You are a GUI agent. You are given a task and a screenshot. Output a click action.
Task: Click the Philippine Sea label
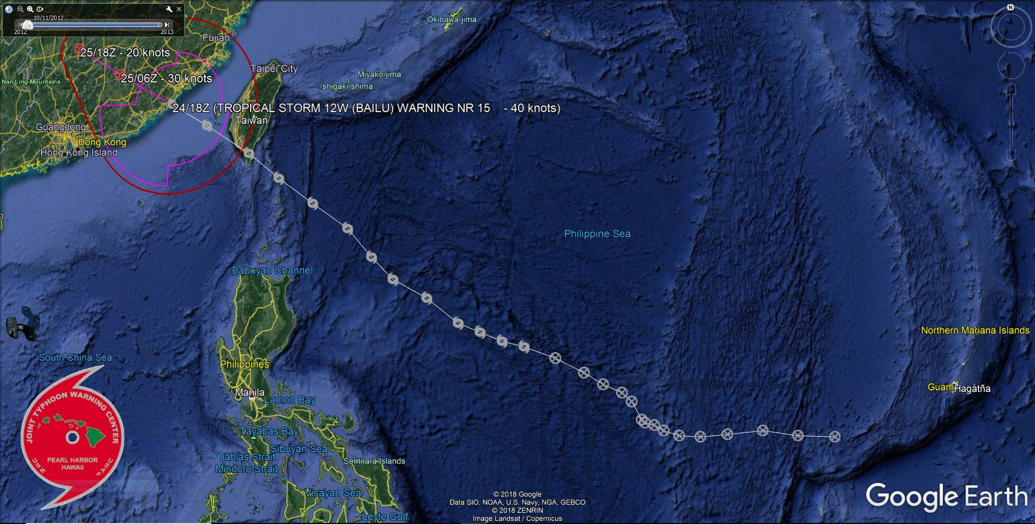[x=597, y=234]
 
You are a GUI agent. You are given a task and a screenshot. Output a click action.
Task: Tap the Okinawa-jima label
[x=451, y=19]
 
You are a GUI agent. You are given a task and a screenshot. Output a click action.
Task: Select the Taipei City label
[x=274, y=68]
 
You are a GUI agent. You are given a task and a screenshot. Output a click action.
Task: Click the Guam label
[x=940, y=387]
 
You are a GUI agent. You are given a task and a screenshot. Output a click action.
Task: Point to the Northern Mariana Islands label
[x=975, y=330]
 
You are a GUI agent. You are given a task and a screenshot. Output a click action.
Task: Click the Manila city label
[x=250, y=392]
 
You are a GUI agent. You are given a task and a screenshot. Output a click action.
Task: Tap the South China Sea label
[x=75, y=357]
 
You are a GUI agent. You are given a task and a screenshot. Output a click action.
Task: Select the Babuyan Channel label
[x=272, y=270]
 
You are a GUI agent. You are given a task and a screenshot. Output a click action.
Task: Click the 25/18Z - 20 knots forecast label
[x=125, y=53]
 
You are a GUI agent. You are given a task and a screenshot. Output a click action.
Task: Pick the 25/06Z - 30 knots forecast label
[x=166, y=79]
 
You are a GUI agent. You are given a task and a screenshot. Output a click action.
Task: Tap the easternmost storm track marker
[x=834, y=437]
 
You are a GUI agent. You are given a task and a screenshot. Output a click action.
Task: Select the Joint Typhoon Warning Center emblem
[x=73, y=437]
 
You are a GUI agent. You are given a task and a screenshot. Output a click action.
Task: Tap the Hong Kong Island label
[x=79, y=152]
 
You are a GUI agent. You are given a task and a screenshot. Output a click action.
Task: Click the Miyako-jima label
[x=379, y=74]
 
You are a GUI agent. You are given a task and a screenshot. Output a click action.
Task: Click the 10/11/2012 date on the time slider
[x=49, y=18]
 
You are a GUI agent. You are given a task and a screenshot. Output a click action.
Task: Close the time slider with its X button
[x=179, y=9]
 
